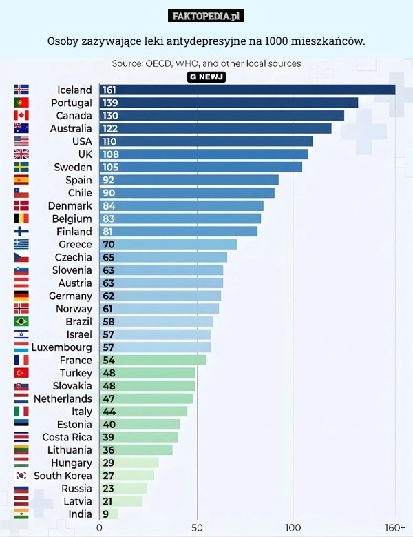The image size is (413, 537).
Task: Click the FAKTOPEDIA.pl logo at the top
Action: pyautogui.click(x=206, y=16)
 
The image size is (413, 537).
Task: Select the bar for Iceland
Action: pyautogui.click(x=248, y=90)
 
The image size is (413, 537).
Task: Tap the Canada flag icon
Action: pyautogui.click(x=21, y=116)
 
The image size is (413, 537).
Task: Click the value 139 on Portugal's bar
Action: pyautogui.click(x=110, y=103)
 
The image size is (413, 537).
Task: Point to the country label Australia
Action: pyautogui.click(x=71, y=128)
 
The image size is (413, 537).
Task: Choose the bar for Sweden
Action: pyautogui.click(x=201, y=167)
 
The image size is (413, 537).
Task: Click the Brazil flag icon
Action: pyautogui.click(x=21, y=321)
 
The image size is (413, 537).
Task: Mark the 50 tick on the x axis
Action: pyautogui.click(x=197, y=527)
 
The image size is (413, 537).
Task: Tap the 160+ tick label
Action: pyautogui.click(x=395, y=527)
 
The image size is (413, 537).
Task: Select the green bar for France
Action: pyautogui.click(x=153, y=360)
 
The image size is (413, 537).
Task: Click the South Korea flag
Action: pyautogui.click(x=21, y=476)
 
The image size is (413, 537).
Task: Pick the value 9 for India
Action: pyautogui.click(x=105, y=514)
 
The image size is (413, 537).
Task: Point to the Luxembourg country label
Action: pyautogui.click(x=62, y=347)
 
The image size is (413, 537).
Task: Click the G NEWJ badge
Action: pyautogui.click(x=206, y=76)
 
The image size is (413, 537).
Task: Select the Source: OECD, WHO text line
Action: pyautogui.click(x=206, y=63)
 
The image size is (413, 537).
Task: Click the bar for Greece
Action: pyautogui.click(x=169, y=244)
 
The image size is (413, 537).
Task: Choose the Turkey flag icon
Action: pyautogui.click(x=21, y=373)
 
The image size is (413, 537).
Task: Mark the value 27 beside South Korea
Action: pyautogui.click(x=109, y=476)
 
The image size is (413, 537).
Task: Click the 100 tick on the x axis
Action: pyautogui.click(x=293, y=527)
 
